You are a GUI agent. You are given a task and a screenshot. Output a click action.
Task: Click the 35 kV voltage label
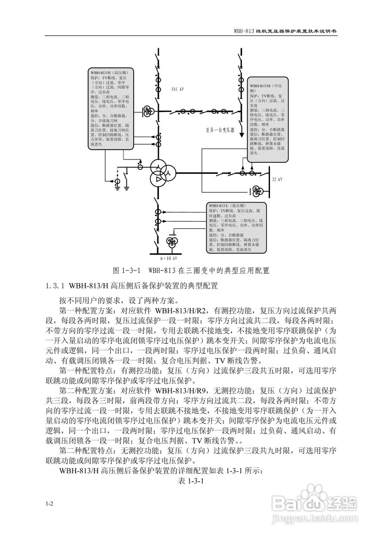point(277,179)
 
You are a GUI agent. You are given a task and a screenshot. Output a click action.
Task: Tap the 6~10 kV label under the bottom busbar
point(168,258)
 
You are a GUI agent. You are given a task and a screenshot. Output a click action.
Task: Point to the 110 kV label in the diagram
point(177,89)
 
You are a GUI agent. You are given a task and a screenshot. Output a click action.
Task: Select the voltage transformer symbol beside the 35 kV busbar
point(256,191)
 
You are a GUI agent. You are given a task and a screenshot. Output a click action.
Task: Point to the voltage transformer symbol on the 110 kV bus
point(147,111)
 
